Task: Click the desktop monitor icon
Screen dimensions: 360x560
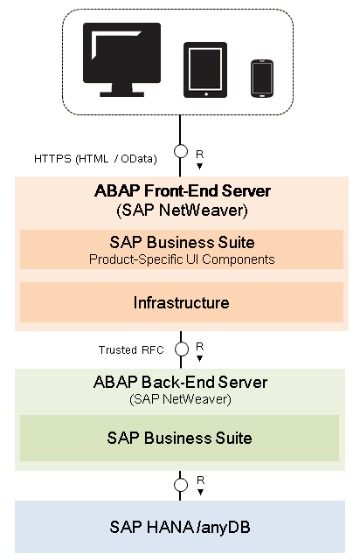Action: pyautogui.click(x=121, y=59)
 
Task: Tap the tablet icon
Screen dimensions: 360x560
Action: pyautogui.click(x=205, y=70)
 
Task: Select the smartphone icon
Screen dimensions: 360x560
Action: pyautogui.click(x=262, y=79)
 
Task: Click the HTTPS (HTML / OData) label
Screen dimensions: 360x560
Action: pyautogui.click(x=95, y=159)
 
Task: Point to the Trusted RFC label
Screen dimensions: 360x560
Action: pyautogui.click(x=131, y=350)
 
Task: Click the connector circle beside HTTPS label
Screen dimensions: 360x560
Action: pyautogui.click(x=181, y=151)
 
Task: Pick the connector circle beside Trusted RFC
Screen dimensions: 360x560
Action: pyautogui.click(x=182, y=349)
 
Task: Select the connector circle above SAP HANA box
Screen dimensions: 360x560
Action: pyautogui.click(x=181, y=485)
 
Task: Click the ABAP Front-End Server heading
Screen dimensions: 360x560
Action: pyautogui.click(x=182, y=191)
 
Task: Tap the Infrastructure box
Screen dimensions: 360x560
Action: pyautogui.click(x=182, y=302)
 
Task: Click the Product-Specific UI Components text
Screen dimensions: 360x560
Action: pyautogui.click(x=182, y=259)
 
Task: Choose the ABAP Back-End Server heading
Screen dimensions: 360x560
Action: pyautogui.click(x=180, y=382)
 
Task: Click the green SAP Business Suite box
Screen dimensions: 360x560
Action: pyautogui.click(x=179, y=438)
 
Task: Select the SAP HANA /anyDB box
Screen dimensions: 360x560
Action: pyautogui.click(x=180, y=527)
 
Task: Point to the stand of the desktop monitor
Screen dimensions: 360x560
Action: pyautogui.click(x=121, y=90)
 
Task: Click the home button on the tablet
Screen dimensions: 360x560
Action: pyautogui.click(x=206, y=94)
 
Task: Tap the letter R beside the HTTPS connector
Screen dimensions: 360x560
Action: pyautogui.click(x=199, y=154)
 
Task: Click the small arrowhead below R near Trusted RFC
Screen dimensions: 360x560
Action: pyautogui.click(x=199, y=358)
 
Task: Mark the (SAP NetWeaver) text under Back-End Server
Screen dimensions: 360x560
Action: pyautogui.click(x=180, y=399)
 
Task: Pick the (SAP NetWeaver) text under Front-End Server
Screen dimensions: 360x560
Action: pyautogui.click(x=182, y=210)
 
